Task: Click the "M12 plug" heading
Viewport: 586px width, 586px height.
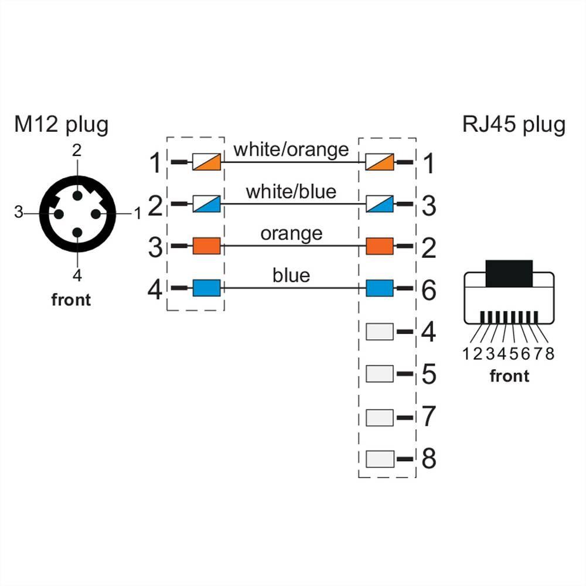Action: click(x=62, y=125)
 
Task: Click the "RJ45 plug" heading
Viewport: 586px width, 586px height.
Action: click(x=513, y=125)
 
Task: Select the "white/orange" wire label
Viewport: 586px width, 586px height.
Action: click(x=291, y=149)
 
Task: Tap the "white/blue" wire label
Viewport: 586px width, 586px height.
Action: click(x=291, y=191)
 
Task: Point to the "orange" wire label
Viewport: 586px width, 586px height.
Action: click(x=291, y=233)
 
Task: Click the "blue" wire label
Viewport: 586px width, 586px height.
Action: click(x=291, y=275)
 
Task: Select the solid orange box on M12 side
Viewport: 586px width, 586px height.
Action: click(x=206, y=246)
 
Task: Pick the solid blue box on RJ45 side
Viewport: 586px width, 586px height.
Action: click(x=380, y=288)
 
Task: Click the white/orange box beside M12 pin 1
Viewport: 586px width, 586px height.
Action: click(x=206, y=162)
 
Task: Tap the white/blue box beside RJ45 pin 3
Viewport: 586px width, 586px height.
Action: click(x=380, y=205)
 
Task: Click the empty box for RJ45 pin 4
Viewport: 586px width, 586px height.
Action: click(x=380, y=332)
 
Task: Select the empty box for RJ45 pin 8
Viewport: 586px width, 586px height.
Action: click(x=380, y=459)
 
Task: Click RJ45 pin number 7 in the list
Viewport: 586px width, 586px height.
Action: click(x=429, y=417)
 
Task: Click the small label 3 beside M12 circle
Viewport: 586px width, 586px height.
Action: click(x=18, y=212)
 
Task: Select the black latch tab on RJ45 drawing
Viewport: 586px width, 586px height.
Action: click(x=508, y=272)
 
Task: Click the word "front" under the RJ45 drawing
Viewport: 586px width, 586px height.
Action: click(x=509, y=376)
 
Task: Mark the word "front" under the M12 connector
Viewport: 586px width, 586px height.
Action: click(x=71, y=299)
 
